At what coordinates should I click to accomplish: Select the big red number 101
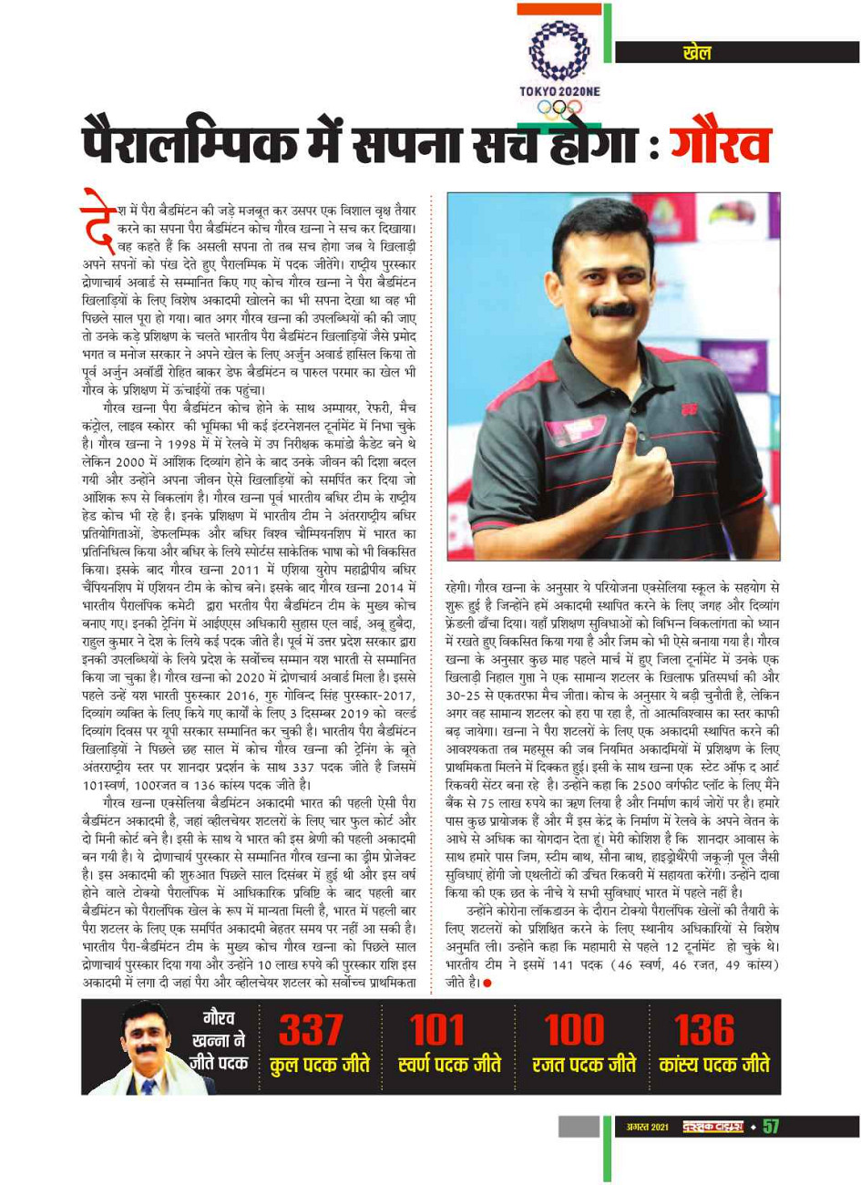(440, 1030)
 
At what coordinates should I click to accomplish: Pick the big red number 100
(575, 1030)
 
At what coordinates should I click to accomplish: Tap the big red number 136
(704, 1030)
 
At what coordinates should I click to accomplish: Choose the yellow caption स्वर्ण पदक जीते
(449, 1064)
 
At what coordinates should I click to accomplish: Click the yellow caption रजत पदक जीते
(584, 1064)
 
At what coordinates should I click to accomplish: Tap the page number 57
(771, 1127)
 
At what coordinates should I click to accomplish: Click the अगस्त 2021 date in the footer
(648, 1128)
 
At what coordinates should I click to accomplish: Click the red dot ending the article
(488, 983)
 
